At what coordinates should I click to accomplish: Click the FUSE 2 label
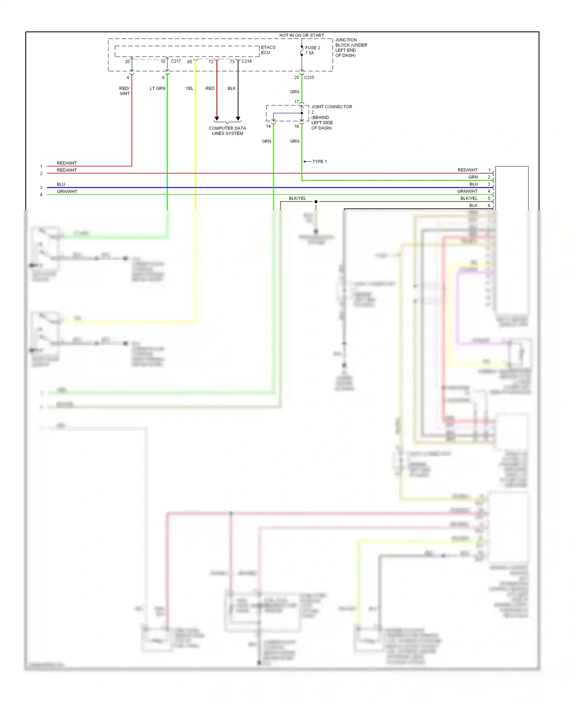(312, 48)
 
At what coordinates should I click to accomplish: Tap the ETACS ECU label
(268, 50)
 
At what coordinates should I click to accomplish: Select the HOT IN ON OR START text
(301, 35)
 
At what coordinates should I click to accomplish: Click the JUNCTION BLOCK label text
(351, 48)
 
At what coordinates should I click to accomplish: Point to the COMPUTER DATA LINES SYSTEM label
(227, 131)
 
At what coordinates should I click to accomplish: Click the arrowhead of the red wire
(217, 118)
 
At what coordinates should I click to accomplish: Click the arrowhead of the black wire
(238, 118)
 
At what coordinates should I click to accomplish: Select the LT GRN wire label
(158, 88)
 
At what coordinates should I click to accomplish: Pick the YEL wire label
(189, 88)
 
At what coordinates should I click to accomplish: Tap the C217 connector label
(176, 61)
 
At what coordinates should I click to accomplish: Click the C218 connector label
(246, 61)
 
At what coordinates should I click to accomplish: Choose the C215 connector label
(309, 77)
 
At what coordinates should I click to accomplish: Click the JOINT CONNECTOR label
(331, 107)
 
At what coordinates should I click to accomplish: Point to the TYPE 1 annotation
(319, 161)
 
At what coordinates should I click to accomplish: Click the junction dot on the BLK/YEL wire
(316, 202)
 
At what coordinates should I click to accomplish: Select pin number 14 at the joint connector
(268, 126)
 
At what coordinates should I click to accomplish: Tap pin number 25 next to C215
(296, 77)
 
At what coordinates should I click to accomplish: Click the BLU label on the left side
(61, 184)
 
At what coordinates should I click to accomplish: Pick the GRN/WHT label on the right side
(467, 191)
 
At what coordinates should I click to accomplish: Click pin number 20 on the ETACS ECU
(127, 62)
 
